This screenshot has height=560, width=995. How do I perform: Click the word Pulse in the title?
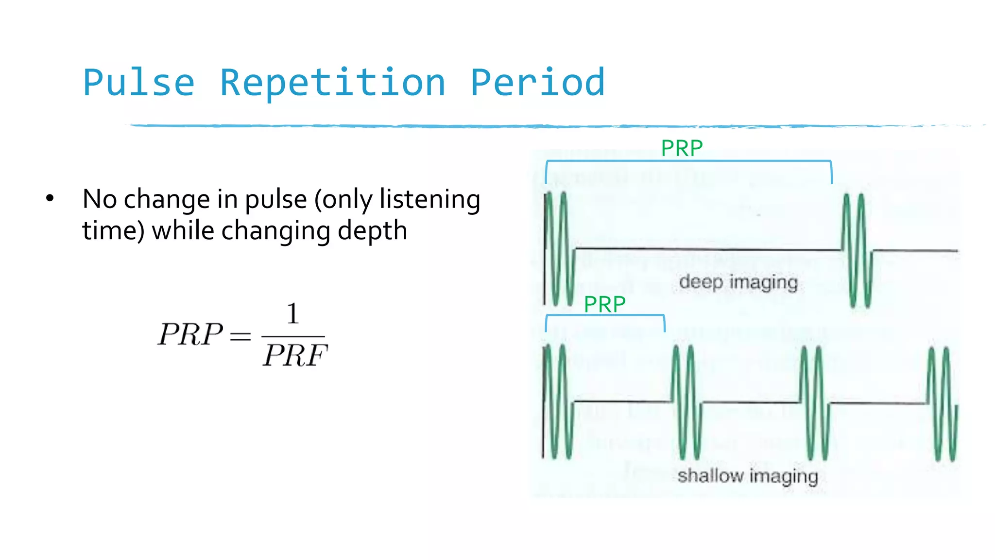coord(139,83)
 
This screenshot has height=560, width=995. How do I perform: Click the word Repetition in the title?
coord(333,83)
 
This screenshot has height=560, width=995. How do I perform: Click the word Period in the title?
coord(538,83)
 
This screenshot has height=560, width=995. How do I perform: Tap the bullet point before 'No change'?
coord(50,198)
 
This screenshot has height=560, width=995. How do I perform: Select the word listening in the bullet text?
coord(429,199)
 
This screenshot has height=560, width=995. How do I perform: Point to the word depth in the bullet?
coord(372,230)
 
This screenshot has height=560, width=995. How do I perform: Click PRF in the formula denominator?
coord(295,355)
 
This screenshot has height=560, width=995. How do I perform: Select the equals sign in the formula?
coord(240,336)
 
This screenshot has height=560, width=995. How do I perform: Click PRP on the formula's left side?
coord(190,334)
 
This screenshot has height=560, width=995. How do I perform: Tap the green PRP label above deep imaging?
coord(682,148)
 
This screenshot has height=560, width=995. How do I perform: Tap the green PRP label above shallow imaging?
coord(604,304)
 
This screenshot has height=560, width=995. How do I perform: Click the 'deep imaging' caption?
coord(738,282)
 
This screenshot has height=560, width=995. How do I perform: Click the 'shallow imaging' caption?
coord(748,475)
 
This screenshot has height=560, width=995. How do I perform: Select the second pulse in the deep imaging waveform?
coord(857,250)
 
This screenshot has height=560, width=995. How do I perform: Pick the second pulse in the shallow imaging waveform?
coord(686,402)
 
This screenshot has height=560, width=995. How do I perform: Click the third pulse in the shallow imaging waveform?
coord(814,402)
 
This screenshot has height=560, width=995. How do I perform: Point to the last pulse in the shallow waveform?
coord(943,403)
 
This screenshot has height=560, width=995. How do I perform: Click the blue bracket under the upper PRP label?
coord(688,161)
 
